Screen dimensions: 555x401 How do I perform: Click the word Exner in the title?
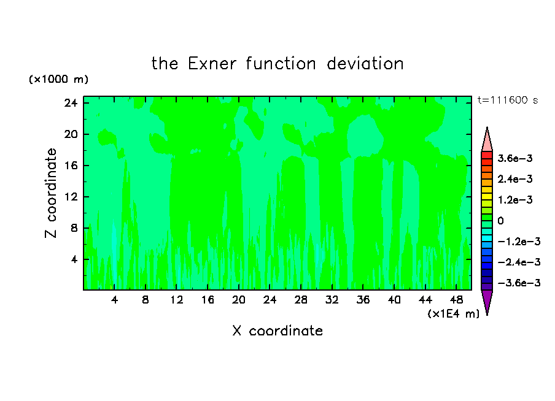(x=212, y=64)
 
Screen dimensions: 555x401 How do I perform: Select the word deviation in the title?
(x=365, y=64)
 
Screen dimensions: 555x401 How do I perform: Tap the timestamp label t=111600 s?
(x=508, y=101)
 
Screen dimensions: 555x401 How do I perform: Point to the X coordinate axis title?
(x=277, y=330)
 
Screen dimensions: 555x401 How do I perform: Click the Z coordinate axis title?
(x=50, y=193)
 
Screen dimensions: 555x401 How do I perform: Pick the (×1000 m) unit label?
(x=58, y=79)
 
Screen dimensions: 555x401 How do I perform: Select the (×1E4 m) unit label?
(x=454, y=313)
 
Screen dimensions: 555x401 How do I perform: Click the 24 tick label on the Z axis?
(x=71, y=103)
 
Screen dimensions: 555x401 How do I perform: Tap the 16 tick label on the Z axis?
(x=71, y=166)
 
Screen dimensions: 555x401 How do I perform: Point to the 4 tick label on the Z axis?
(x=74, y=259)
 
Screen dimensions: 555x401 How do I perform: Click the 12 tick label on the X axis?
(x=177, y=300)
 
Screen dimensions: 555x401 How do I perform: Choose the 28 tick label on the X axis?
(x=301, y=300)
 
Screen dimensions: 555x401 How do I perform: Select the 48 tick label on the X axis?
(x=457, y=300)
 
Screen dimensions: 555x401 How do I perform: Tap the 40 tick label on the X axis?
(x=394, y=300)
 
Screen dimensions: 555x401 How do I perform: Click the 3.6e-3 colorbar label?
(x=515, y=158)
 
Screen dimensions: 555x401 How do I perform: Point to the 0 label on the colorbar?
(x=500, y=221)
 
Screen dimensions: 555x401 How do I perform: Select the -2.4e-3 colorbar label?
(x=519, y=262)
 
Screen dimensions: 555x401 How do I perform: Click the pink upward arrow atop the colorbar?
(x=487, y=140)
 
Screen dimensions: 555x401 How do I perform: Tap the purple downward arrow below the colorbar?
(x=487, y=301)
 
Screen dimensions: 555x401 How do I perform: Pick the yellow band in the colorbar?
(x=487, y=197)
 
